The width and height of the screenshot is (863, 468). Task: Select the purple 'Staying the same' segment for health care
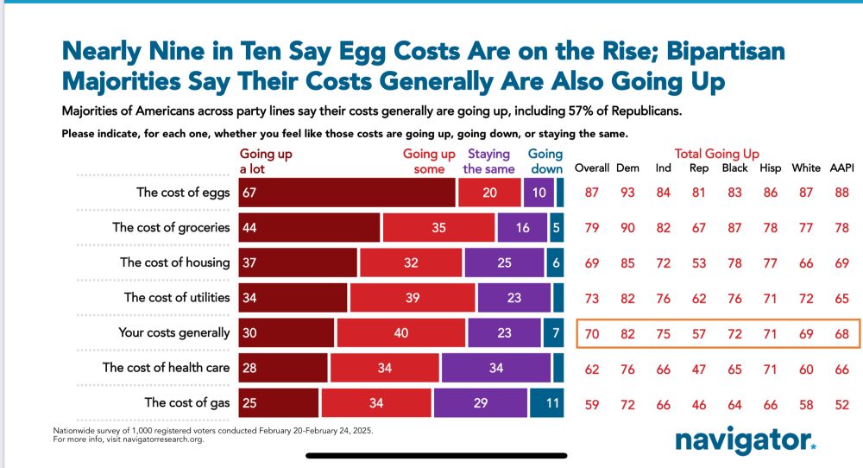(496, 368)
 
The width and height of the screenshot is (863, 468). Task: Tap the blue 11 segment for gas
(546, 403)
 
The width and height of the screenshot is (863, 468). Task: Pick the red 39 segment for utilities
(412, 298)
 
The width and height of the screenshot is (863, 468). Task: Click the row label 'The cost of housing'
(175, 262)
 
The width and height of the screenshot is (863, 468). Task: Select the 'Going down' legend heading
(545, 161)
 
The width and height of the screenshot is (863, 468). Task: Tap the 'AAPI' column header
(841, 168)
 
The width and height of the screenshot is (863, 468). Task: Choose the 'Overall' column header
(592, 168)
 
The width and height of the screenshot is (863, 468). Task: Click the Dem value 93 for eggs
(627, 193)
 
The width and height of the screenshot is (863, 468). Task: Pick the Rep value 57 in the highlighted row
(699, 332)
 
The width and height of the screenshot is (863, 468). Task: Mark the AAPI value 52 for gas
(841, 403)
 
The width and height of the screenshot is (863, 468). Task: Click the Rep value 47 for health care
(699, 368)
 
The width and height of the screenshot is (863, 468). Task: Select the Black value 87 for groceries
(734, 228)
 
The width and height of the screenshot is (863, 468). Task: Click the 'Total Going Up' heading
(717, 154)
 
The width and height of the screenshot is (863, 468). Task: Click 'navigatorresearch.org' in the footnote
(155, 438)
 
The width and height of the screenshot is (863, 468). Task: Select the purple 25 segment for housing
(504, 262)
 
